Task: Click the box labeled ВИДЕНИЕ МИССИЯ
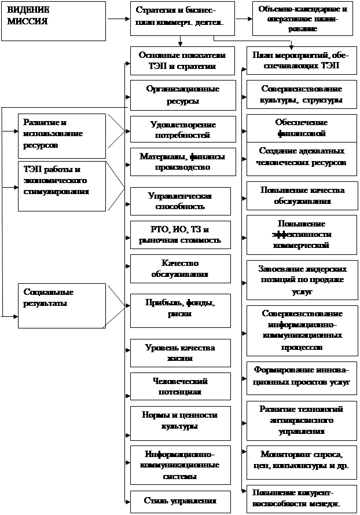pos(53,21)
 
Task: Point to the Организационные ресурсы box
pos(182,95)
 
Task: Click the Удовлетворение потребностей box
pos(182,130)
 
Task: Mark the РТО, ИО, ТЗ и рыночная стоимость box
pos(182,235)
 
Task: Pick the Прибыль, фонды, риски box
pos(182,309)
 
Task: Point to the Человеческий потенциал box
pos(182,386)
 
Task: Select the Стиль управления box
pos(182,501)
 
